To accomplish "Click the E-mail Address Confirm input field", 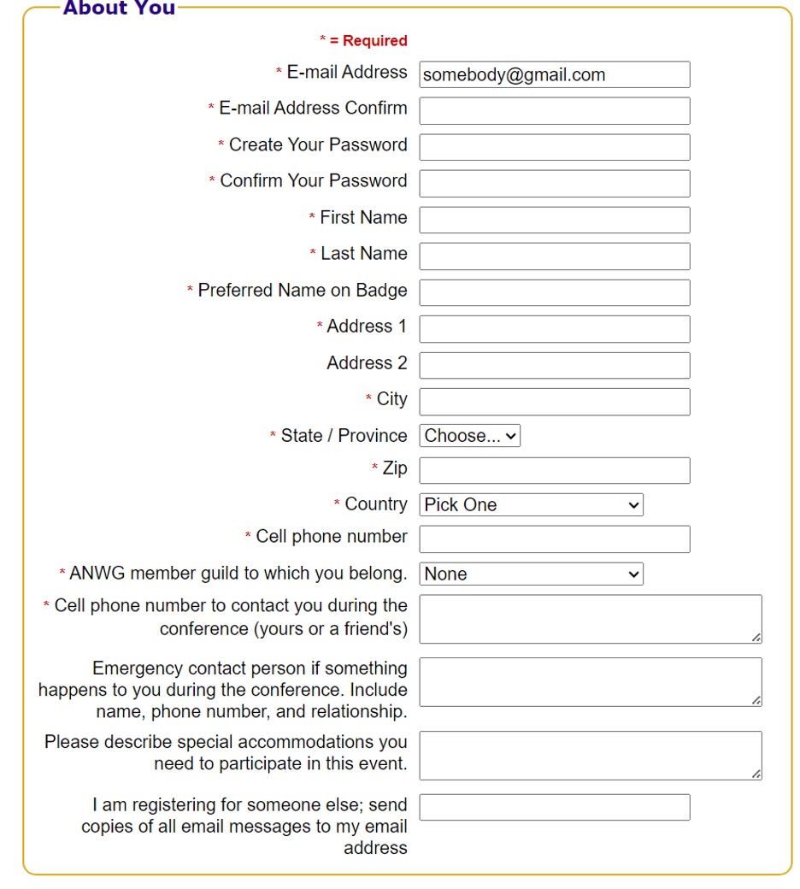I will [554, 111].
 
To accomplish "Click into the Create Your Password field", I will [554, 147].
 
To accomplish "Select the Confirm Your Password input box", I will [554, 184].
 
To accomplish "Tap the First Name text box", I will [554, 220].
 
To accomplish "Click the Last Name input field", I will [554, 256].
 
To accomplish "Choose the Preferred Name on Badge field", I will [554, 292].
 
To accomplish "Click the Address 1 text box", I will [554, 329].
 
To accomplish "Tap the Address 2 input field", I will [554, 365].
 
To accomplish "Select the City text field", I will [554, 402].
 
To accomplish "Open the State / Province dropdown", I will [469, 436].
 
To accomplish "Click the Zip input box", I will [554, 470].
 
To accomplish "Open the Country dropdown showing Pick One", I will [531, 505].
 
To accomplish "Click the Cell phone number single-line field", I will [554, 539].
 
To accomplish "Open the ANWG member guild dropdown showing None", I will [531, 574].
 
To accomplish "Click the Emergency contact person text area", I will [590, 682].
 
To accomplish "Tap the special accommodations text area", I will [590, 755].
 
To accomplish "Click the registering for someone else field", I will [554, 807].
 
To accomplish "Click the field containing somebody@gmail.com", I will [554, 74].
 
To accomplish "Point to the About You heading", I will [119, 9].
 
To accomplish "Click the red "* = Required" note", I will [363, 41].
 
